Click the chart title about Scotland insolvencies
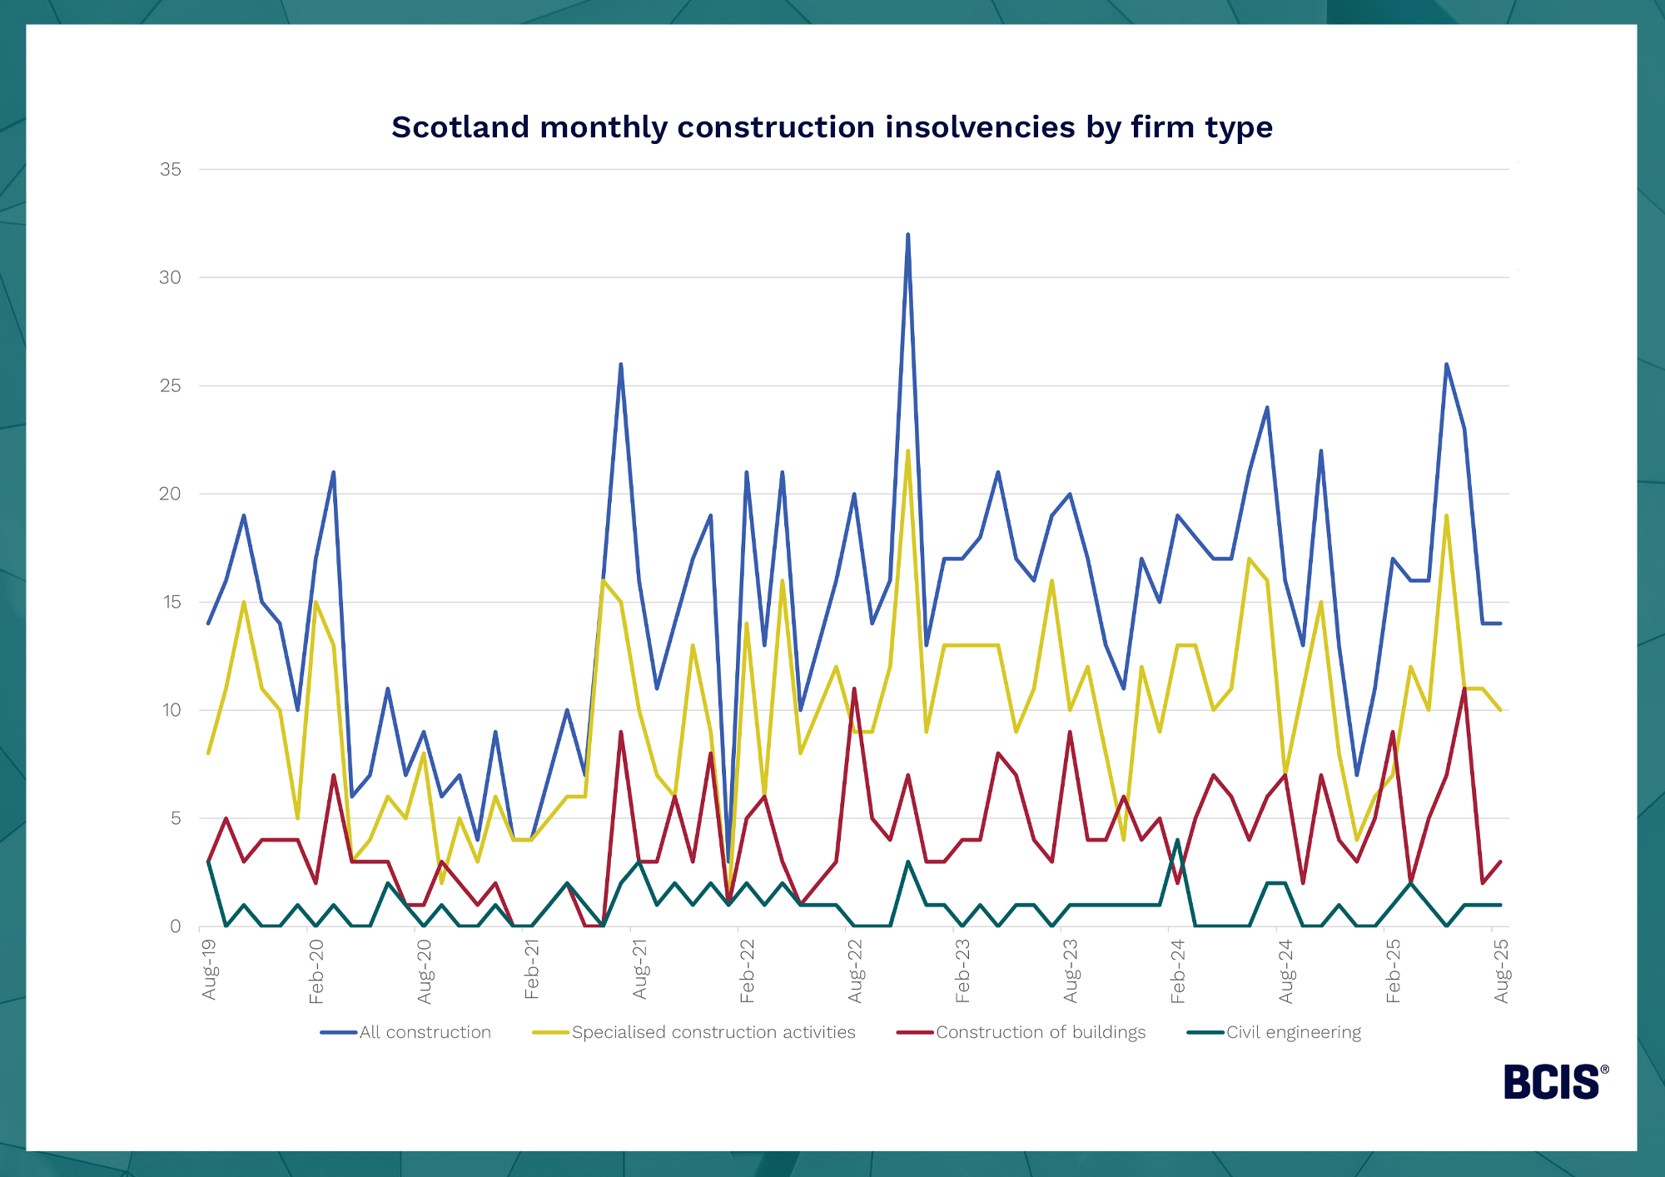coord(832,127)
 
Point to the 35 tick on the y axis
coord(171,170)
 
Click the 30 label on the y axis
coord(171,278)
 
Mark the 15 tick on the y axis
coord(171,602)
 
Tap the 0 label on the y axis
coord(175,926)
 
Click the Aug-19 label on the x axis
coord(209,969)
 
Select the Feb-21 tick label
coord(532,969)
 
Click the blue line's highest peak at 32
coord(907,235)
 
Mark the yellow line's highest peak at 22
coord(907,451)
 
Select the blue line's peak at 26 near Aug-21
coord(621,365)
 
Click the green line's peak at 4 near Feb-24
coord(1177,840)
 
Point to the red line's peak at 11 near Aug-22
coord(854,688)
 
